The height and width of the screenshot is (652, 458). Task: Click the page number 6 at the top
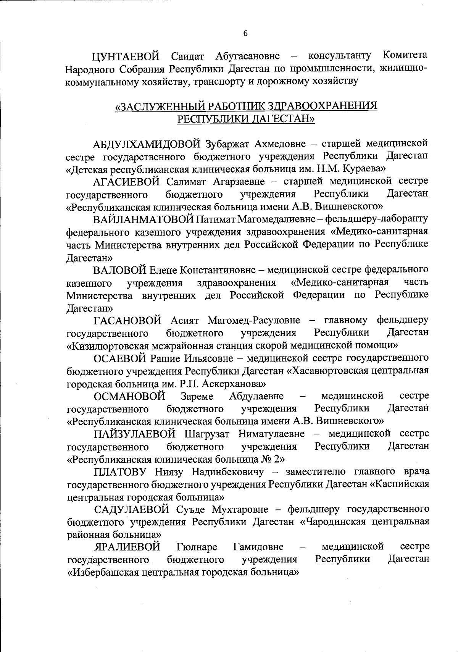[245, 34]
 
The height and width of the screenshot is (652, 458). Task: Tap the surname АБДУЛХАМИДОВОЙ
[147, 144]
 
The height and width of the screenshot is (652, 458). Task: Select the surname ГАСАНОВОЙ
[127, 320]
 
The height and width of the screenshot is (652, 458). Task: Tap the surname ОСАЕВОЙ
[120, 358]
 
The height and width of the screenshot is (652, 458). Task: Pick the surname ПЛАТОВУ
[120, 472]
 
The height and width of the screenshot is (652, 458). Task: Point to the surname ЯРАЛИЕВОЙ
[127, 547]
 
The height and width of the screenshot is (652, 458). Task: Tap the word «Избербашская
[99, 572]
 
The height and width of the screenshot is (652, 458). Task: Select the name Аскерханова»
[238, 383]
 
